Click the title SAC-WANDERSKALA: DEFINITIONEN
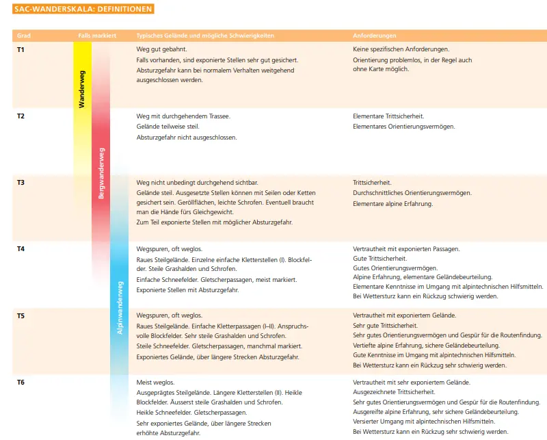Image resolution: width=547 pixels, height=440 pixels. (x=83, y=10)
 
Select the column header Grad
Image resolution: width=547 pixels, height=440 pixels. (x=23, y=35)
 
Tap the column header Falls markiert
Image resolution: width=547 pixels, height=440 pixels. (x=96, y=35)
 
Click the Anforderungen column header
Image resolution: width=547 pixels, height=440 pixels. (x=375, y=35)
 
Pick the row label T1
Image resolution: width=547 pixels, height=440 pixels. (x=21, y=50)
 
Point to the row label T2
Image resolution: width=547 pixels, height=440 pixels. (x=21, y=116)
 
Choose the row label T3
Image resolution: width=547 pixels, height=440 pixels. (x=21, y=183)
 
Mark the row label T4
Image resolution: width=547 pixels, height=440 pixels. (x=21, y=249)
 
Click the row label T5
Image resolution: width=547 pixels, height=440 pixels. (x=21, y=315)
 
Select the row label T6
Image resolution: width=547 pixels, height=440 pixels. (x=21, y=382)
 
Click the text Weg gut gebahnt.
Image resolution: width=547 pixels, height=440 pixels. (x=162, y=50)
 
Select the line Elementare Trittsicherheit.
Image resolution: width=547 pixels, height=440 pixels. (x=388, y=116)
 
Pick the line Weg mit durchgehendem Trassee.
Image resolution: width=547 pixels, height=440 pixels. (x=183, y=116)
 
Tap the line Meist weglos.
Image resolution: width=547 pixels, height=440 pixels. (x=155, y=382)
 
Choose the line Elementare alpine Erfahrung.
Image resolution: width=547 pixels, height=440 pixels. (x=392, y=203)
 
